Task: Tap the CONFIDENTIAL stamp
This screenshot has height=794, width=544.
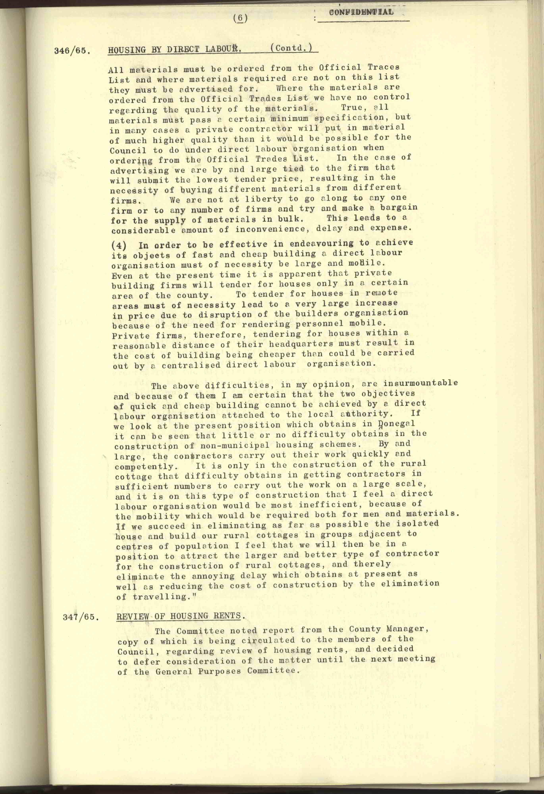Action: [x=361, y=12]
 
